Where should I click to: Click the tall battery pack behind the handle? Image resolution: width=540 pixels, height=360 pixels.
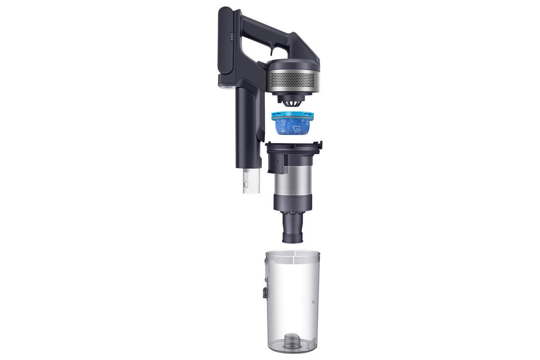click(225, 45)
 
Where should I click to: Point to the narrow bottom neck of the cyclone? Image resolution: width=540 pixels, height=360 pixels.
click(294, 229)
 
